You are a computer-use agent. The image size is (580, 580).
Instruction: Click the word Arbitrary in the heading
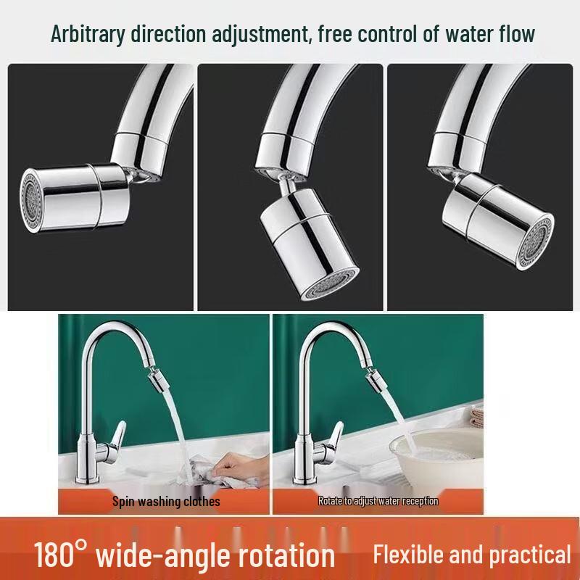click(x=88, y=34)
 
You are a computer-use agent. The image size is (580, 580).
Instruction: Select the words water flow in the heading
click(x=490, y=33)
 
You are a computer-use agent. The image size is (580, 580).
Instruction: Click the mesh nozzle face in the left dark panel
click(x=31, y=200)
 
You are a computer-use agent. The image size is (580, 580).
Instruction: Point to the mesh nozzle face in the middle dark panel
click(x=330, y=283)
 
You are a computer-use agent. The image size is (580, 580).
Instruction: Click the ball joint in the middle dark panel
click(x=286, y=183)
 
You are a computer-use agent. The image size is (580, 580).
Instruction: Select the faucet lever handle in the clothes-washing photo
click(x=117, y=440)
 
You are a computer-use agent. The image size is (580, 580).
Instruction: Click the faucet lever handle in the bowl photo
click(x=334, y=441)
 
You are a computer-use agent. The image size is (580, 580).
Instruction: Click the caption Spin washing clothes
click(x=166, y=502)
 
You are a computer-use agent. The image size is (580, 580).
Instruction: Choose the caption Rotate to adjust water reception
click(x=378, y=501)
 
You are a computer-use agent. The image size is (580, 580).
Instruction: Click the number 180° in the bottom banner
click(x=61, y=553)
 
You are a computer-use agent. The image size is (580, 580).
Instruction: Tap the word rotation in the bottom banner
click(x=286, y=555)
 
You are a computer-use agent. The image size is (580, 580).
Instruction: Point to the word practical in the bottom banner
click(x=530, y=555)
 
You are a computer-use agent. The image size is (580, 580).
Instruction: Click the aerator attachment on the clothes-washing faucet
click(x=158, y=380)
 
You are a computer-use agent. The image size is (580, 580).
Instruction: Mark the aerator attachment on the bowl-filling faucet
click(x=376, y=379)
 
